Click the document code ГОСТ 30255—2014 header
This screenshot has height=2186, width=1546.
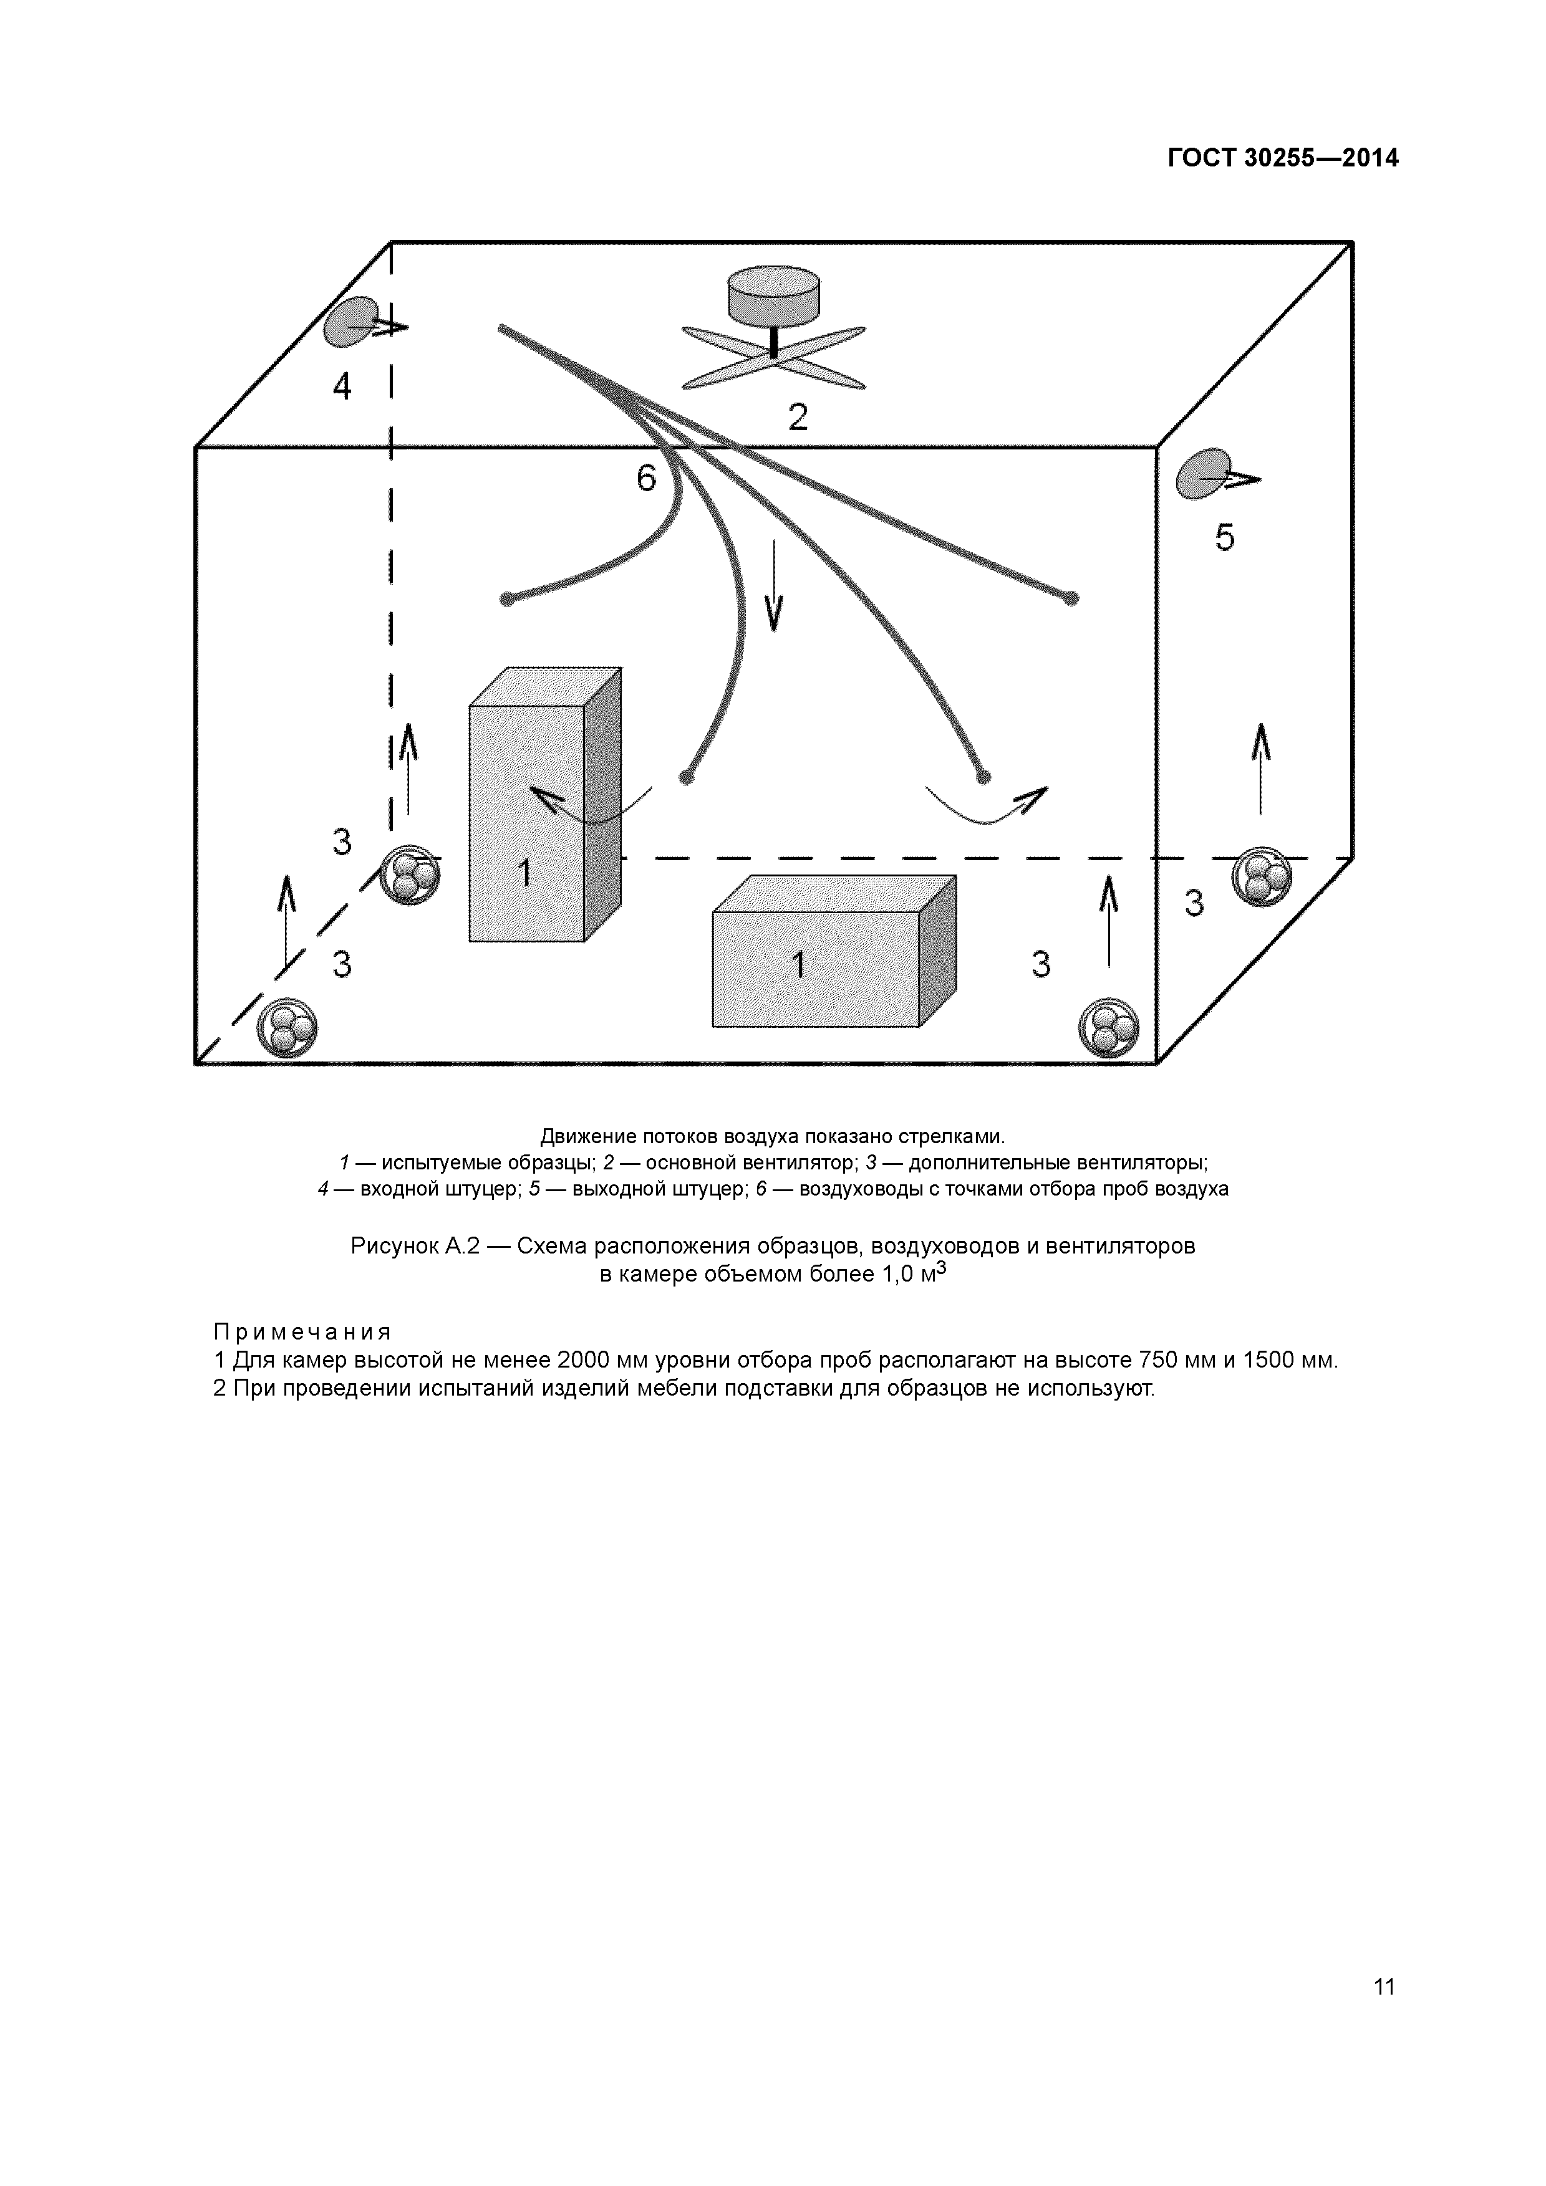coord(1283,158)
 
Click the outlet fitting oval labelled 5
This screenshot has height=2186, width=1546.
coord(1203,473)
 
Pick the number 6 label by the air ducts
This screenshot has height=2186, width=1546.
coord(647,479)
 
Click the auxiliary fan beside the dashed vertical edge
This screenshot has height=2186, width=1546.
coord(410,874)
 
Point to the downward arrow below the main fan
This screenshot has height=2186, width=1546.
coord(773,585)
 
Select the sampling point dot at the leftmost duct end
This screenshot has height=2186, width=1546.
coord(508,599)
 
